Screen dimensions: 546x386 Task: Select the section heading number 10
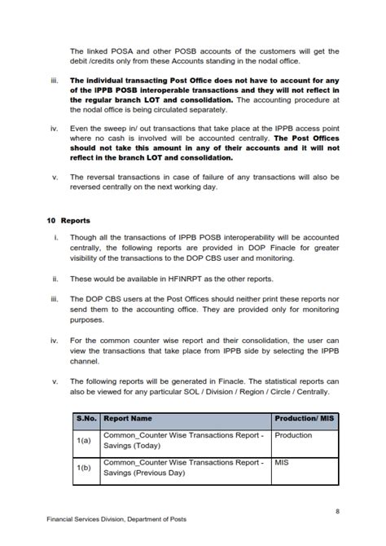click(50, 221)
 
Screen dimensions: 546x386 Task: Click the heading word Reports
click(74, 221)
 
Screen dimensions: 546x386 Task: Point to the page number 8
click(337, 511)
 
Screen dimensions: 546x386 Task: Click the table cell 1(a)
click(86, 441)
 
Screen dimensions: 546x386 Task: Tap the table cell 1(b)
click(86, 468)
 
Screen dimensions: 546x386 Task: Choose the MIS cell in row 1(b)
click(282, 462)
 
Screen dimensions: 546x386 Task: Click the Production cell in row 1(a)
click(293, 435)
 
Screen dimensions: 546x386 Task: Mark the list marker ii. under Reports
click(55, 279)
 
